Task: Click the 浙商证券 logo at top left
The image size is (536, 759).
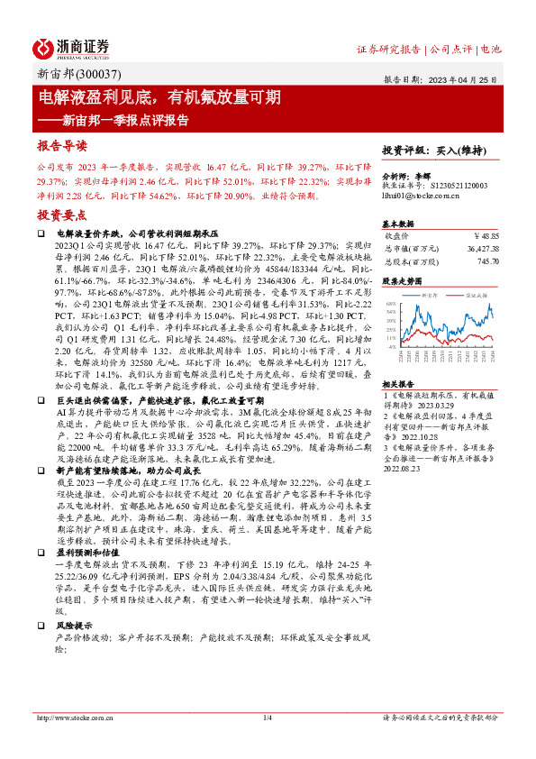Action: click(x=72, y=46)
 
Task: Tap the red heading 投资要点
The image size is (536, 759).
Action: click(x=61, y=215)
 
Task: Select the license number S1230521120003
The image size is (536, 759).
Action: click(x=456, y=185)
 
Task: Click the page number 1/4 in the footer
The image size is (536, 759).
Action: click(x=267, y=718)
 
